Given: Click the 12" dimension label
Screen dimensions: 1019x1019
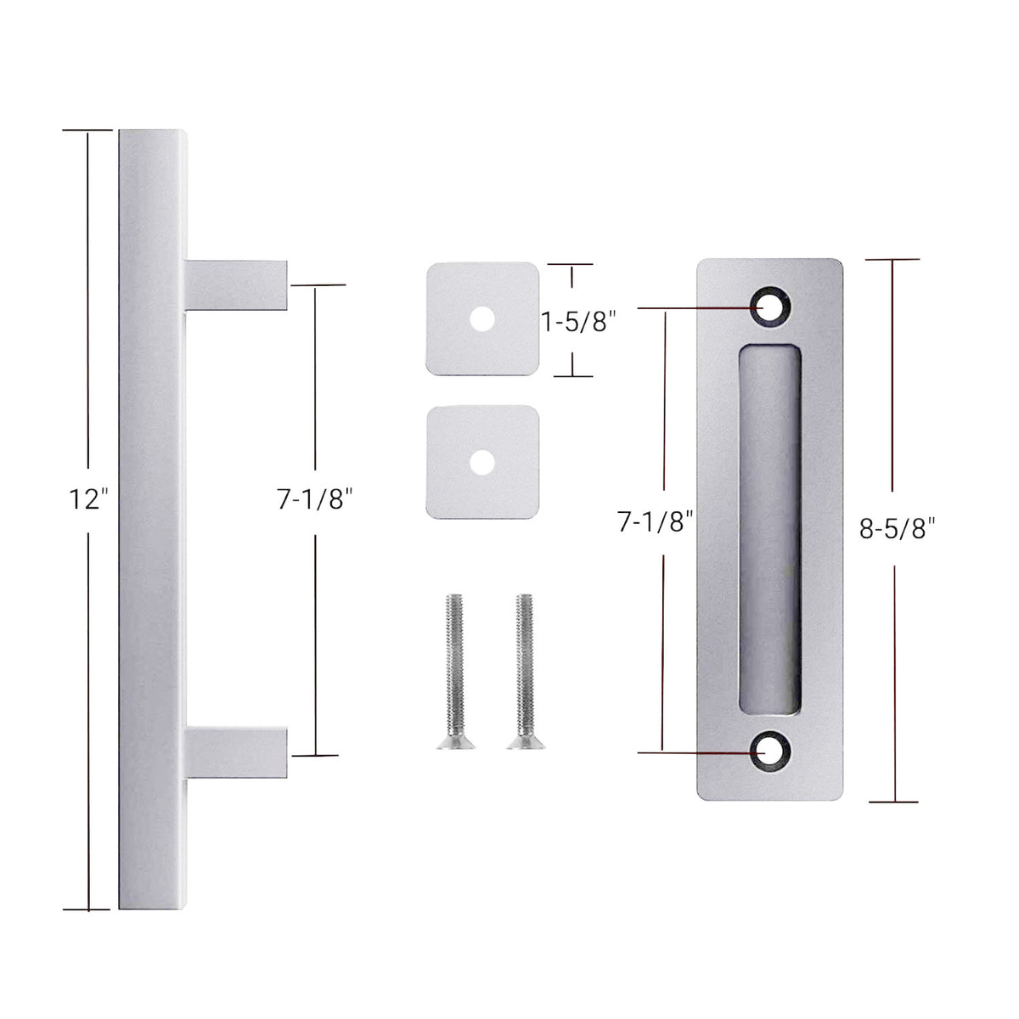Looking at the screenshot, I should (x=89, y=500).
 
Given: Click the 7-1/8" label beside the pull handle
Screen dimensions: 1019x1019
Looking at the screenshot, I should (x=314, y=500).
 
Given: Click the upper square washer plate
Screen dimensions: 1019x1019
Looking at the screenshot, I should (x=482, y=319).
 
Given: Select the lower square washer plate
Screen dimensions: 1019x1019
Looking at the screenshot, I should (x=482, y=463).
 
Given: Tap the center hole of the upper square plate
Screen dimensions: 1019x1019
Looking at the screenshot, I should (x=483, y=319).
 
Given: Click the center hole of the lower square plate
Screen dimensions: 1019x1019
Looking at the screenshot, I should (x=483, y=463).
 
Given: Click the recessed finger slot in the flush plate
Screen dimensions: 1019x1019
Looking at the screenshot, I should (x=770, y=531).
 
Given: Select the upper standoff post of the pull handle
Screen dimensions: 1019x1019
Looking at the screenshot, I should (x=236, y=285).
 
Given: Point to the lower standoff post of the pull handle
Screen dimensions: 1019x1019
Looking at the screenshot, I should (x=236, y=752).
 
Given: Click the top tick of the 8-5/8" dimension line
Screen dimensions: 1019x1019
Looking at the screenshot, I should (x=894, y=260).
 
